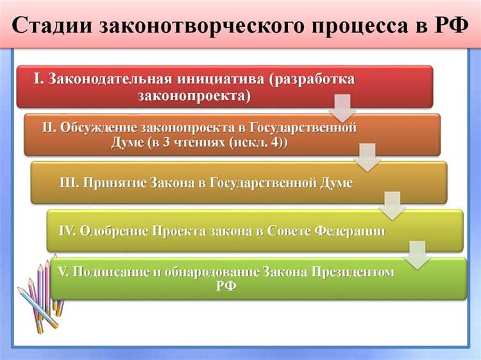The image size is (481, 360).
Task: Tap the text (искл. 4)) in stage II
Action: click(x=256, y=142)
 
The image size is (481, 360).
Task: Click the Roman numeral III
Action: click(x=69, y=182)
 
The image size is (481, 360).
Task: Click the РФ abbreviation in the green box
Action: click(x=226, y=286)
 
